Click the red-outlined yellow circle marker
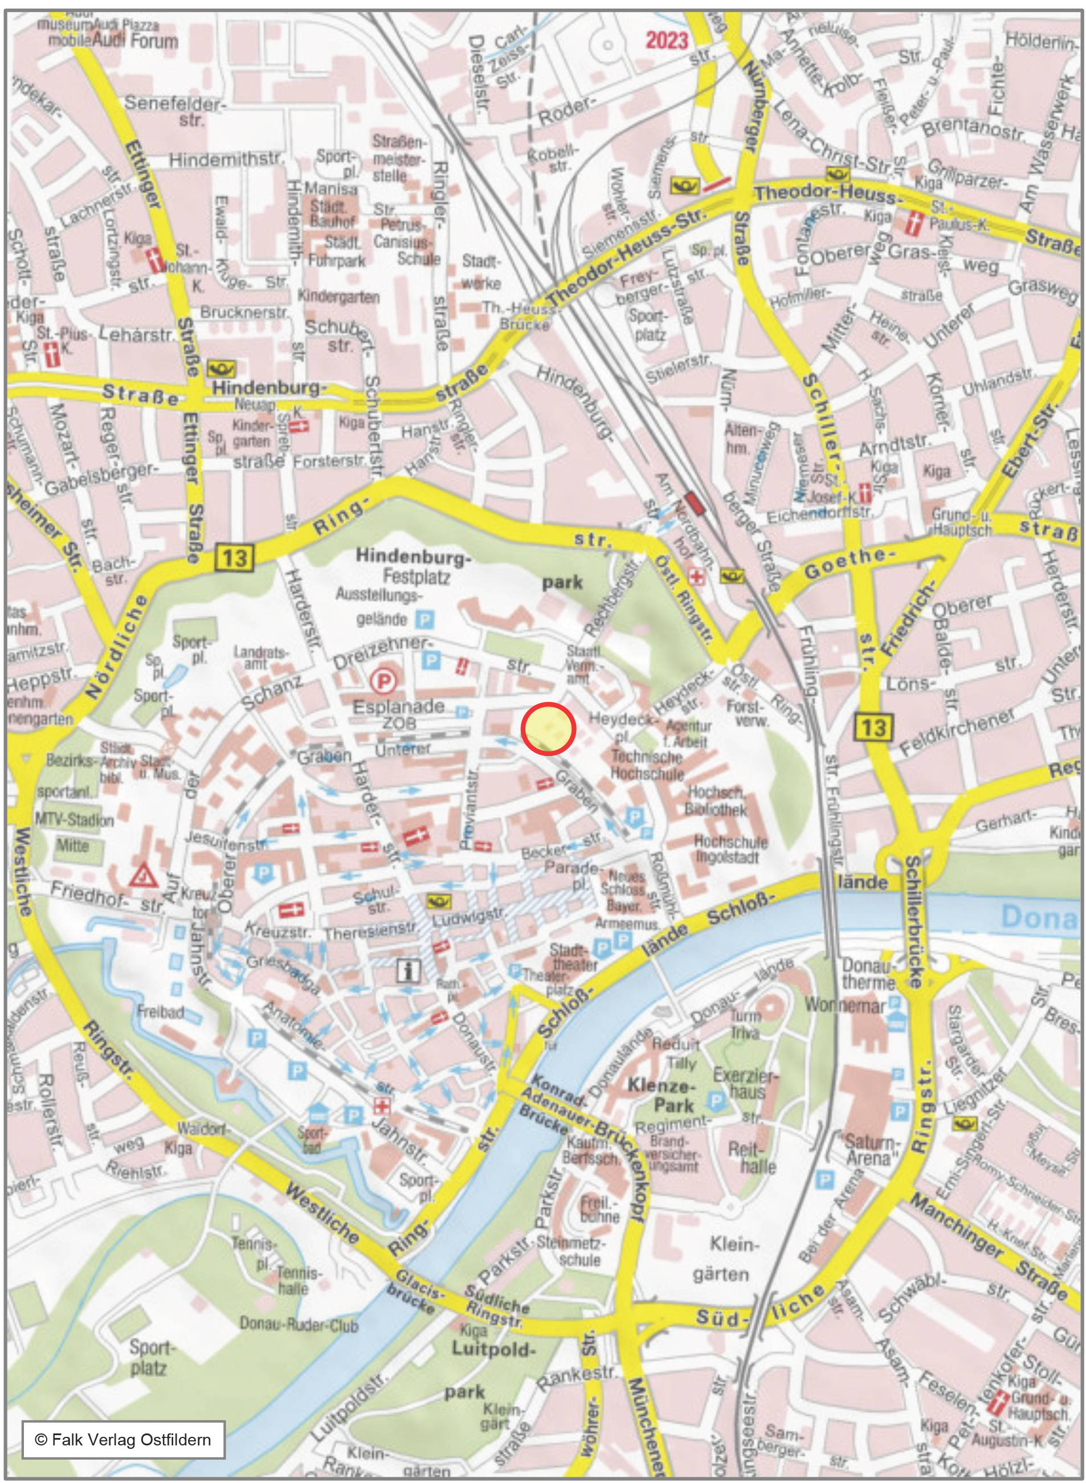(548, 728)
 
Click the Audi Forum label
(135, 42)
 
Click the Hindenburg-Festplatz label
(413, 567)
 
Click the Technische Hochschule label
(647, 765)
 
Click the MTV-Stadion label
(74, 820)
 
